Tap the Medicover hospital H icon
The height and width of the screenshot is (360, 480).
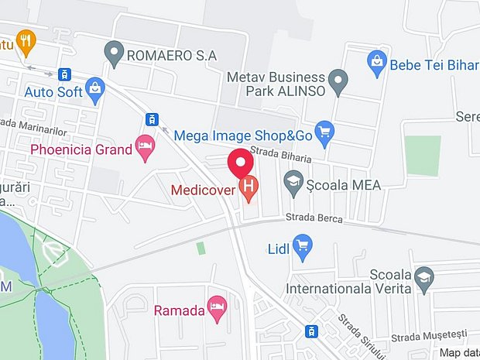pos(249,186)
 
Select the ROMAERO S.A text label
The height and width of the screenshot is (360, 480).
pos(173,55)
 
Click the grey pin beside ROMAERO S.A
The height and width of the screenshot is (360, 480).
pos(114,53)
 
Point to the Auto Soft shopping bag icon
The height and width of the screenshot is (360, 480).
pos(95,91)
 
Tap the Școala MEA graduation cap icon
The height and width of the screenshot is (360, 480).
pos(293,183)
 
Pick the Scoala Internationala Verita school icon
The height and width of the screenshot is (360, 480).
pos(424,276)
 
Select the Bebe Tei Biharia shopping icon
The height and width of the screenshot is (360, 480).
pos(377,63)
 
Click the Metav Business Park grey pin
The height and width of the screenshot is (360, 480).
pos(338,80)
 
